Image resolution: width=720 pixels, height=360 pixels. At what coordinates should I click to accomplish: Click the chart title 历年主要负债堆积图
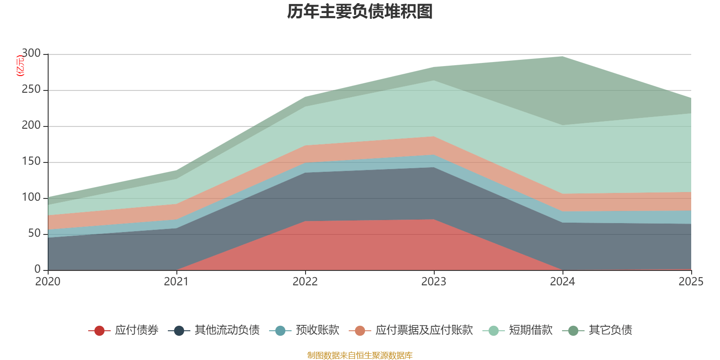tap(360, 12)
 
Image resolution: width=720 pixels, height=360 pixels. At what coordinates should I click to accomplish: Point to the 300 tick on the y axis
tap(31, 54)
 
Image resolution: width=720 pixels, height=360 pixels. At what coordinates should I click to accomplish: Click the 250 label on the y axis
tap(31, 90)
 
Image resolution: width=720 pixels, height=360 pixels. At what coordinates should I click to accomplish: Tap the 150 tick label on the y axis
tap(31, 162)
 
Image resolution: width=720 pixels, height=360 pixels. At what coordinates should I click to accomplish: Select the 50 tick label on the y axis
tap(34, 234)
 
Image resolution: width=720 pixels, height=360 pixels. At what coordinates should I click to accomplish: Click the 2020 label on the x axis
tap(48, 282)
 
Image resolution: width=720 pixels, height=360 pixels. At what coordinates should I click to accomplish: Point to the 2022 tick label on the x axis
tap(305, 282)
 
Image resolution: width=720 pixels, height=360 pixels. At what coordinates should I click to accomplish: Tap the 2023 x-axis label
tap(434, 282)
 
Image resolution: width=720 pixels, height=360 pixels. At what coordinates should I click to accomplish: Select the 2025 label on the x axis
tap(691, 282)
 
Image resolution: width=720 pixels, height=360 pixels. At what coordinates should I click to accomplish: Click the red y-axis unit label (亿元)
tap(20, 66)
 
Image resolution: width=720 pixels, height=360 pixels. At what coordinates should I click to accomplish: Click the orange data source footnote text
tap(360, 355)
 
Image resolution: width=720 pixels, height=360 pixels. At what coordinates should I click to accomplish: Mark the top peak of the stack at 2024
tap(562, 56)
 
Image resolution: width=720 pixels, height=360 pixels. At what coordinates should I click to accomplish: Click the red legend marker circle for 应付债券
tap(99, 331)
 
